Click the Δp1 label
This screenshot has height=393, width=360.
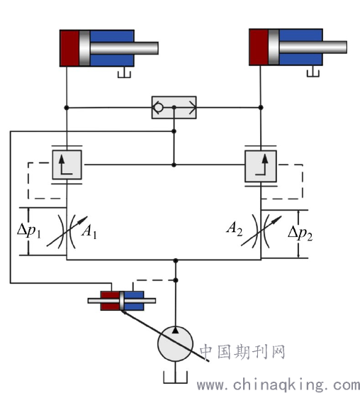tap(29, 230)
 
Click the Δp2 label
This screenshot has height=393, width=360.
tap(300, 233)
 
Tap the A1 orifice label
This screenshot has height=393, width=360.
tap(89, 231)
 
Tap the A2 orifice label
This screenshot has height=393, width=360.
tap(235, 228)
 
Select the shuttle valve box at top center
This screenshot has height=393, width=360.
tap(174, 107)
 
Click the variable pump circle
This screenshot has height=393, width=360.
tap(175, 344)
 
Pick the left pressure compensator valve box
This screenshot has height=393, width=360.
tap(67, 165)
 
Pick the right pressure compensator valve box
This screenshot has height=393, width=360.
tap(261, 166)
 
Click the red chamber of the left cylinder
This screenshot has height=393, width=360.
tap(69, 48)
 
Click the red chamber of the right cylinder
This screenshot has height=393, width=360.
tap(259, 47)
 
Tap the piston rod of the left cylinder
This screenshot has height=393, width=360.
tap(124, 48)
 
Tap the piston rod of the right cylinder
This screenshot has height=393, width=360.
tap(313, 47)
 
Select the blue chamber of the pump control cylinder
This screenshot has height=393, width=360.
tap(134, 301)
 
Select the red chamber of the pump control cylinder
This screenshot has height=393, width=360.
tap(110, 301)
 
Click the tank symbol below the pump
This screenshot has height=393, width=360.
tap(175, 377)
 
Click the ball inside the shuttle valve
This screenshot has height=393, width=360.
tap(158, 108)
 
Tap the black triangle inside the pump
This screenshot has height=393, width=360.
tap(176, 330)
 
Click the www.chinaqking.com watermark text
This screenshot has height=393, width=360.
tap(279, 384)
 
